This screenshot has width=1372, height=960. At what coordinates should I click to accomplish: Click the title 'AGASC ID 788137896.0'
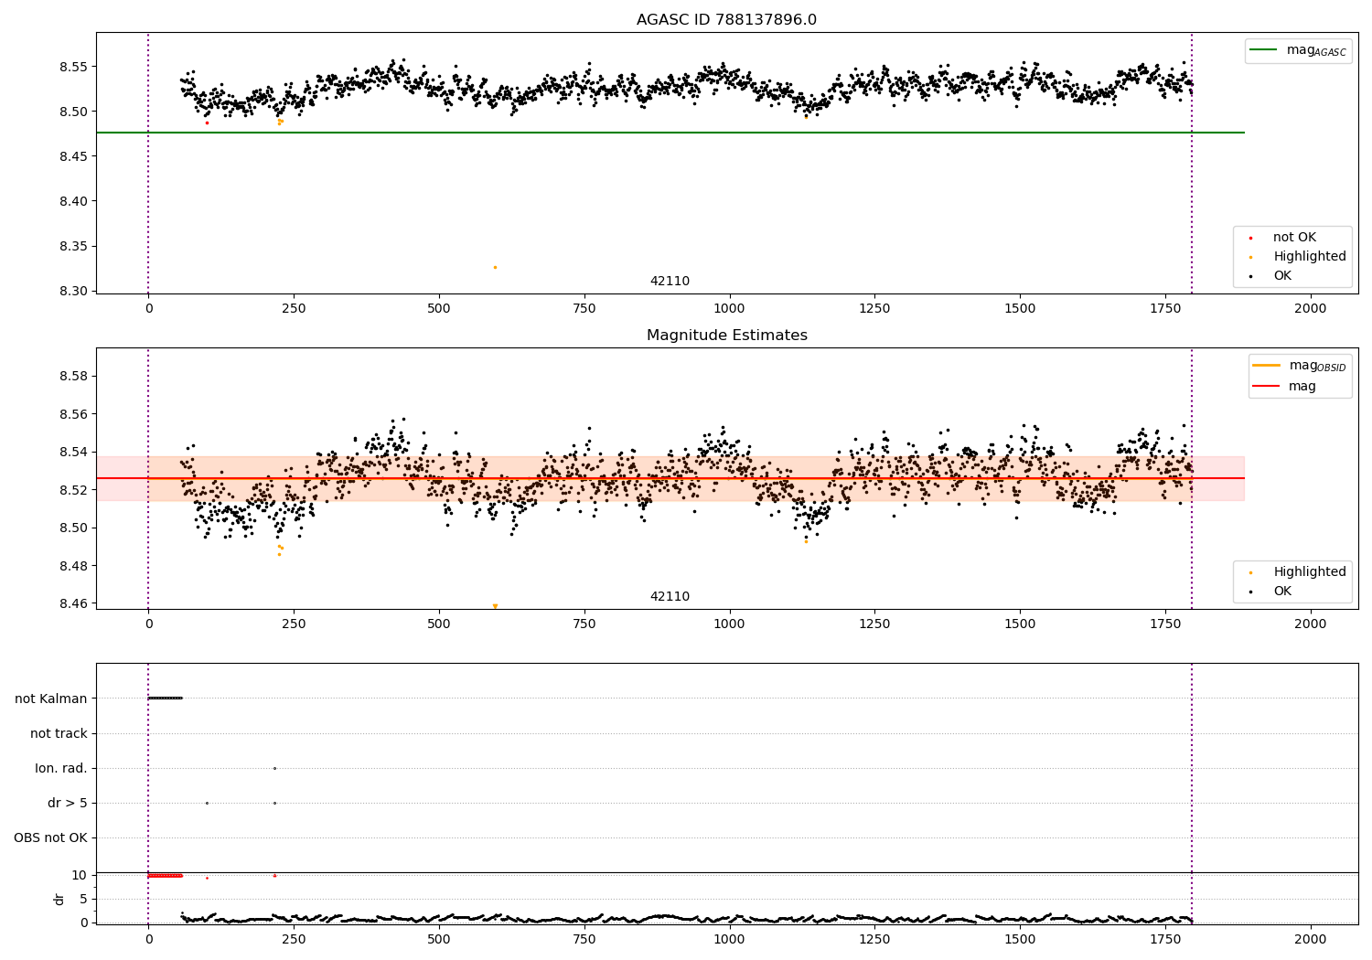tap(726, 20)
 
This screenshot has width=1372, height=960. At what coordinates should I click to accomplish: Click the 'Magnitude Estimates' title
tap(726, 336)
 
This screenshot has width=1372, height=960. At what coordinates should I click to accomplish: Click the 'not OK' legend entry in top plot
tap(1293, 238)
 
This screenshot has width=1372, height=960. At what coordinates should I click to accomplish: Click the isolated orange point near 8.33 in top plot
tap(495, 267)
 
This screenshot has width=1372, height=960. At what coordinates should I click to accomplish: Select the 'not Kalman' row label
tap(51, 699)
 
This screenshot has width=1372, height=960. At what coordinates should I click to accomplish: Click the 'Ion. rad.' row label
tap(61, 768)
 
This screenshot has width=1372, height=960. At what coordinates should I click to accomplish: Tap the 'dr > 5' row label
tap(68, 803)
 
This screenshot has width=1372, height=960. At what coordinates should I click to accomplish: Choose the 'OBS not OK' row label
tap(51, 837)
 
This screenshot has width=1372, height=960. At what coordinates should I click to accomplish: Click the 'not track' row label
tap(59, 733)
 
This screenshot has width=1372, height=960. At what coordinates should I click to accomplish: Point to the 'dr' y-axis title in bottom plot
tap(59, 899)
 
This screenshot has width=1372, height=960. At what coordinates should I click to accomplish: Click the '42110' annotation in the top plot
tap(670, 282)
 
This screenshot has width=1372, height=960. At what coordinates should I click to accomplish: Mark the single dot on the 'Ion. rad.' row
tap(274, 768)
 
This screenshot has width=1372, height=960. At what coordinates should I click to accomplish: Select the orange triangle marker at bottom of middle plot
tap(495, 606)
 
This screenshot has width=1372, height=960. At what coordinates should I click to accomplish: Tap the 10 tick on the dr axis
tap(79, 875)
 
